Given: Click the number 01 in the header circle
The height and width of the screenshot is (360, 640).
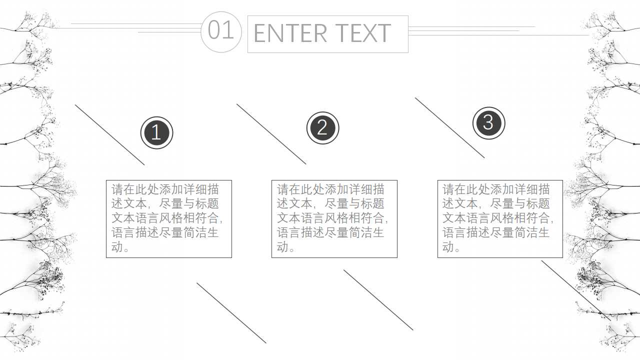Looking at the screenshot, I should click(x=221, y=30).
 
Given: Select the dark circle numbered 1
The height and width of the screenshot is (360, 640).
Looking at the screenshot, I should click(x=156, y=133).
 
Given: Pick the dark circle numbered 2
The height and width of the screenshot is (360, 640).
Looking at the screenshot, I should click(x=322, y=128).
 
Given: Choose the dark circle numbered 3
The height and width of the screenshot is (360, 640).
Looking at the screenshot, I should click(x=488, y=123).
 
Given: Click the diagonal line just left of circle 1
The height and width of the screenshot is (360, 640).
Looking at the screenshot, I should click(x=110, y=135).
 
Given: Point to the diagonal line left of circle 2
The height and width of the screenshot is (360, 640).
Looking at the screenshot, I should click(x=271, y=134).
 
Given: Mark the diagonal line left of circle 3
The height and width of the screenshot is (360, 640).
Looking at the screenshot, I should click(x=450, y=128).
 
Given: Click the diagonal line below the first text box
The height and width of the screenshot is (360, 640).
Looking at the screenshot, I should click(x=231, y=313).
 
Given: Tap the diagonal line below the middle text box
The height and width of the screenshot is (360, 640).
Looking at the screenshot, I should click(x=378, y=300).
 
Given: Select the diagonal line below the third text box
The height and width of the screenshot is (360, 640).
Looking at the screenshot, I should click(x=575, y=289).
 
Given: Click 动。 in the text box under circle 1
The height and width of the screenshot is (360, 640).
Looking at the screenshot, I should click(x=120, y=247).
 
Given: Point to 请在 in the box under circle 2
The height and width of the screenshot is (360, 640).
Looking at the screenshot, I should click(x=289, y=189).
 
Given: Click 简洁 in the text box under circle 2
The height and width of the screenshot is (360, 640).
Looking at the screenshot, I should click(x=361, y=233).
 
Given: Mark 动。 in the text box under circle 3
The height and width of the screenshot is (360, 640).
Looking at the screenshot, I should click(x=451, y=247).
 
